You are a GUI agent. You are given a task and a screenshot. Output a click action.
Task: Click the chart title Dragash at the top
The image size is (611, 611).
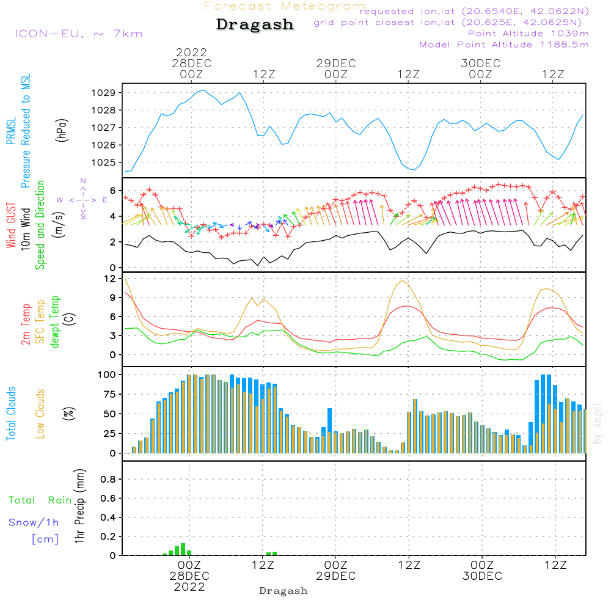click(255, 25)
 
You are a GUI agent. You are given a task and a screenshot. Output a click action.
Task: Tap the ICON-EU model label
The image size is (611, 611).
click(78, 33)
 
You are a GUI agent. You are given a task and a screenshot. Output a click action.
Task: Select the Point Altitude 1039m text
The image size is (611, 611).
click(528, 33)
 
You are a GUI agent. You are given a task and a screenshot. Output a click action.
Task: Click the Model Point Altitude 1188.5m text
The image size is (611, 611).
click(504, 45)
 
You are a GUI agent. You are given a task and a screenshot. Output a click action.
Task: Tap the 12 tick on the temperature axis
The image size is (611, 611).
click(111, 279)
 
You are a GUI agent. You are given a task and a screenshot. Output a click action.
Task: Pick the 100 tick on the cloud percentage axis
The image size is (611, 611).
click(108, 374)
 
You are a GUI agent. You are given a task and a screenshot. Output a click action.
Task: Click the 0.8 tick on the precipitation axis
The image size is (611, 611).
click(108, 480)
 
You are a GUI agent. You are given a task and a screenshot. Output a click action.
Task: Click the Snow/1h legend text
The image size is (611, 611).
click(34, 522)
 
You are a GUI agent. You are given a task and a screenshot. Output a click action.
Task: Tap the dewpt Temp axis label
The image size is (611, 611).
click(54, 321)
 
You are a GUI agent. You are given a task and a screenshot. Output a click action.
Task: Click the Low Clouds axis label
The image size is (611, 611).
click(40, 413)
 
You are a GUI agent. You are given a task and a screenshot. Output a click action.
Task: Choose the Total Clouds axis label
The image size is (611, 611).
click(12, 413)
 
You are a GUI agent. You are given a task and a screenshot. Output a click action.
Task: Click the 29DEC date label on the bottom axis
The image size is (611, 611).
click(335, 576)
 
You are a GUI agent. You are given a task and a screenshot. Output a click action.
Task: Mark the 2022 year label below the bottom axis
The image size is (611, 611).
click(189, 587)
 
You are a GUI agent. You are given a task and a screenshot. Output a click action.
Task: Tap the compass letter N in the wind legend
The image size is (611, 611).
click(83, 181)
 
